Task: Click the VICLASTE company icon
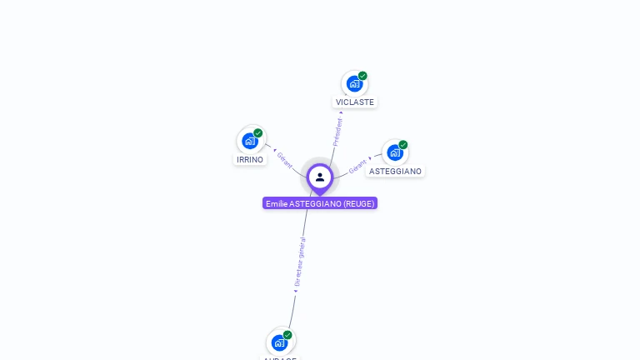(354, 83)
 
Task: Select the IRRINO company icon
(249, 141)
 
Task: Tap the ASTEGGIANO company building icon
(394, 152)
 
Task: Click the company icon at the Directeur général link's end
(279, 342)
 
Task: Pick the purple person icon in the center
(319, 177)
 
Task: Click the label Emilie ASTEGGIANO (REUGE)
(320, 203)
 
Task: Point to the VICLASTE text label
(355, 102)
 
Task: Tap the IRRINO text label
(250, 160)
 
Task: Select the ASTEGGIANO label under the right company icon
(395, 172)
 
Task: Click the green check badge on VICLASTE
(362, 76)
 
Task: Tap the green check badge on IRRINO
(258, 133)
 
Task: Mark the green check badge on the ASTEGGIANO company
(403, 145)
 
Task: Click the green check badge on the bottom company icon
(287, 335)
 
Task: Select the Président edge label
(337, 132)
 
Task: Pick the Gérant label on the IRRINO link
(284, 160)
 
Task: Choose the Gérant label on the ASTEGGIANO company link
(357, 166)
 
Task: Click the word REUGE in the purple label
(358, 203)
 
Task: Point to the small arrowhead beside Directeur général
(295, 291)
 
